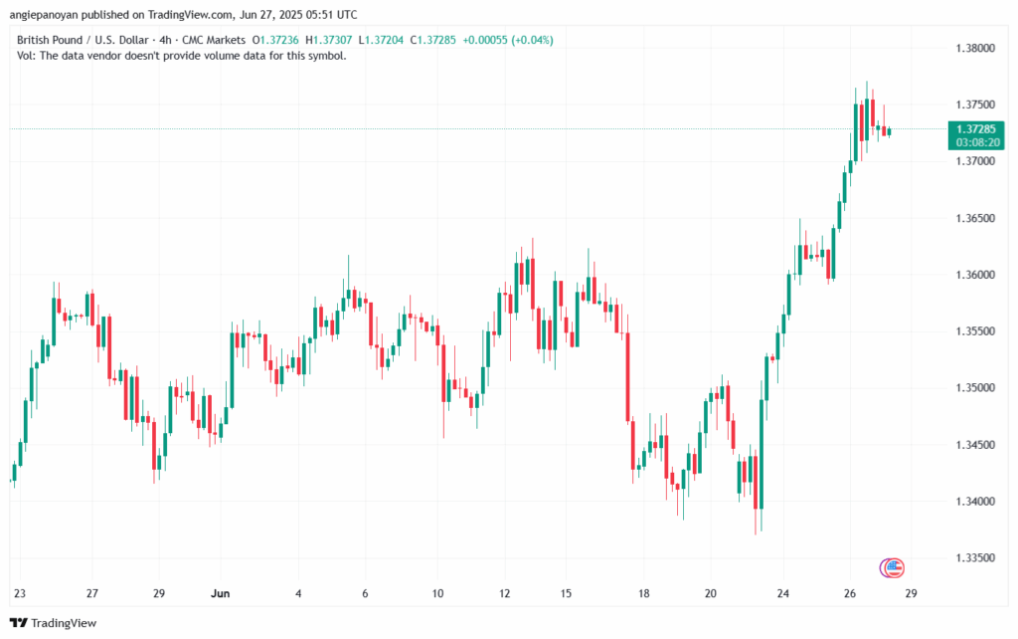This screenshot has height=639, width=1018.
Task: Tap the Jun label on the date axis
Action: point(221,594)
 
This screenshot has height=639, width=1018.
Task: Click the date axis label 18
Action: point(644,594)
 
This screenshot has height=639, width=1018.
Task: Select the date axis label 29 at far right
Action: point(910,594)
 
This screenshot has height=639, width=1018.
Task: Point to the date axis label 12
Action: point(504,594)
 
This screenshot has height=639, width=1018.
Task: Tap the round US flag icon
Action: point(892,568)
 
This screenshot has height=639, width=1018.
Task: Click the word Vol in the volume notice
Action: point(27,56)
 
